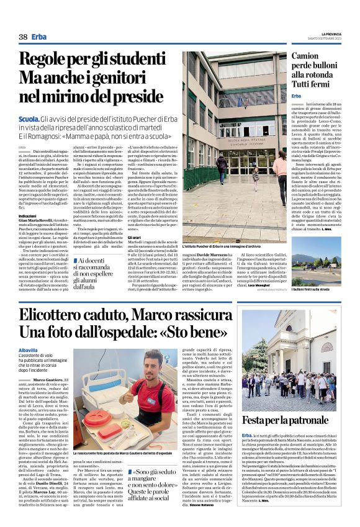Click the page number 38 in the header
pyautogui.click(x=23, y=37)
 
